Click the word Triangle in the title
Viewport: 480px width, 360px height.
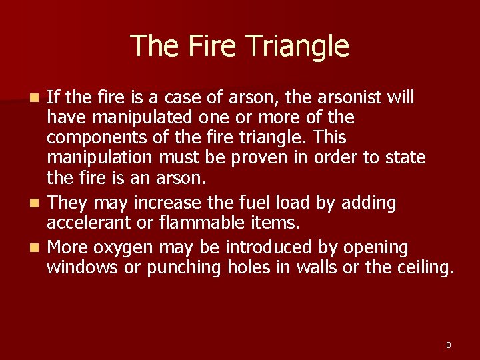click(x=297, y=46)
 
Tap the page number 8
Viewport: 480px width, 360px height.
click(x=448, y=345)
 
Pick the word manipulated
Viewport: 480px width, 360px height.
click(x=139, y=119)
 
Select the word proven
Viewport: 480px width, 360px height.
click(x=257, y=159)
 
